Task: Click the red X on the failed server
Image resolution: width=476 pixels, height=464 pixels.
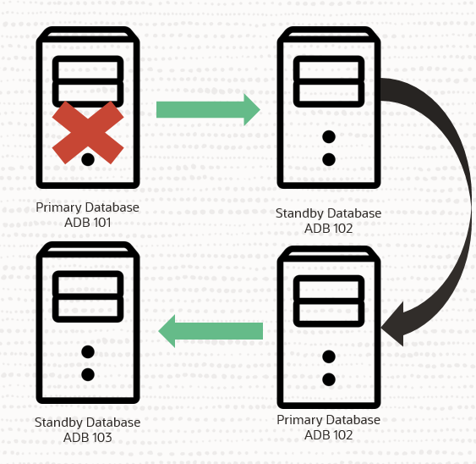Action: [x=88, y=133]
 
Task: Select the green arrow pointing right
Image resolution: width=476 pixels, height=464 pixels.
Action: [x=207, y=110]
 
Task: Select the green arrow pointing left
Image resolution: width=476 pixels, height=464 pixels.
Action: [x=211, y=329]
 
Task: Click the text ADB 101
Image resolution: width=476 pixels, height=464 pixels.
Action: [x=88, y=223]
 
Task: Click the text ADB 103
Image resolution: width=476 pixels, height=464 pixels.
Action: [x=88, y=438]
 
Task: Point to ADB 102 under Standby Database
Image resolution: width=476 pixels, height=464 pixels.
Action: [x=329, y=228]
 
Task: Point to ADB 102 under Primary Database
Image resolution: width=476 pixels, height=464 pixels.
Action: [x=329, y=435]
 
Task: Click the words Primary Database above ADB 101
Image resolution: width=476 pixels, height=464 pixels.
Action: [x=88, y=207]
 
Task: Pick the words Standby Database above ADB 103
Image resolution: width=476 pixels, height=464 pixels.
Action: [x=88, y=423]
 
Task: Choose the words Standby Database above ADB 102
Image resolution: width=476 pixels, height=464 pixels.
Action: [x=329, y=213]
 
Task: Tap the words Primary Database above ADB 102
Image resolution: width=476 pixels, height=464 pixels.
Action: [x=329, y=420]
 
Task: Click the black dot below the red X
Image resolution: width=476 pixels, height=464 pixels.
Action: [x=88, y=159]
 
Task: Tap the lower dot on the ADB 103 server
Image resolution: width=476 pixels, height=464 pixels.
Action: [x=87, y=374]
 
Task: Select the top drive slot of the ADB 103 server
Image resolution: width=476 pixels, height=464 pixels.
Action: [x=88, y=284]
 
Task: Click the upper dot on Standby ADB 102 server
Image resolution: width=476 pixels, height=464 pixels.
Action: [x=329, y=136]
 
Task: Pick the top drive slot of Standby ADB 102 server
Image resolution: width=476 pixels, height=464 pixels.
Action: [x=329, y=69]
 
